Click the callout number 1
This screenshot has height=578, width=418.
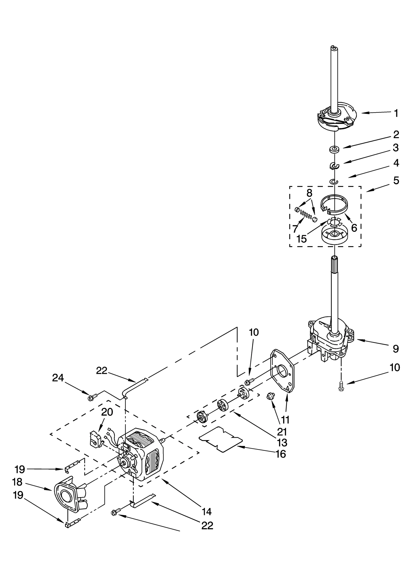pos(396,114)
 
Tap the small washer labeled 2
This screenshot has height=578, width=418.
pos(333,150)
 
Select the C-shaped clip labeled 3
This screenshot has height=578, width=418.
pos(334,165)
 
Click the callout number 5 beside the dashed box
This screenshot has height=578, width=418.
pos(396,181)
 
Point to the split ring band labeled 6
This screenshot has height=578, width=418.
pos(334,204)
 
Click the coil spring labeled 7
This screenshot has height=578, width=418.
pos(305,215)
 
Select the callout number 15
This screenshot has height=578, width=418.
pos(301,239)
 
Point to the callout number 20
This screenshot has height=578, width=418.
pos(107,412)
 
